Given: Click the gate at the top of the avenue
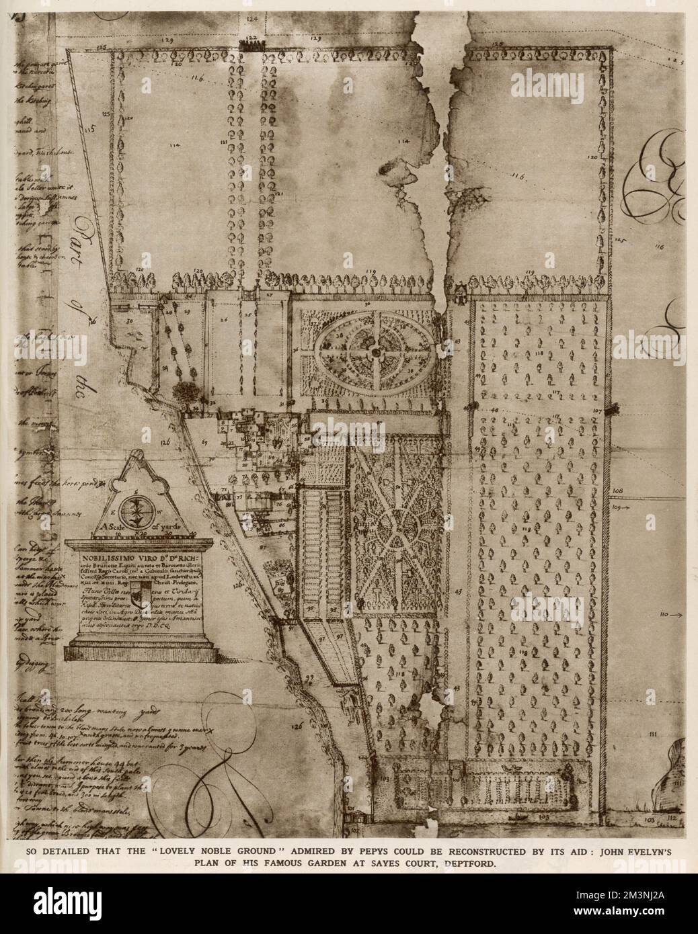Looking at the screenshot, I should pos(251,45).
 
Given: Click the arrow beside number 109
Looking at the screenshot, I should pos(627,509).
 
